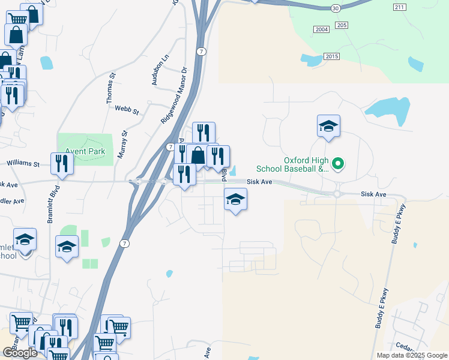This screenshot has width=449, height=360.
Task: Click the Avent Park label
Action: [85, 152]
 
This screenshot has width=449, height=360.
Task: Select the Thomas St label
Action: [110, 88]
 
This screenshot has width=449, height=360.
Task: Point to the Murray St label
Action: [124, 145]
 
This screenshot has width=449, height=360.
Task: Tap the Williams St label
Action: [23, 163]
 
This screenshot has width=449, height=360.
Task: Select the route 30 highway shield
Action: [335, 8]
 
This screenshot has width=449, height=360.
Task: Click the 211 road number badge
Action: [400, 7]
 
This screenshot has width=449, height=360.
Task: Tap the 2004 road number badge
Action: [322, 29]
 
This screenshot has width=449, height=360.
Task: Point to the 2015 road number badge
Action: [331, 56]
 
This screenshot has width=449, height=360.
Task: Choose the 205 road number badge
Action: [342, 25]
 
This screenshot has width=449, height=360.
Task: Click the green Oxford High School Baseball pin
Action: [337, 163]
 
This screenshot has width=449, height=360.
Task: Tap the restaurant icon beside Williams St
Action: [62, 163]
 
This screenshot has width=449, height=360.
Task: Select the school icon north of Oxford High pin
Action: [328, 125]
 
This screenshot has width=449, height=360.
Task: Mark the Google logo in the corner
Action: [20, 353]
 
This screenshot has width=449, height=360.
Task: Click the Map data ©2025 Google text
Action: [411, 355]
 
